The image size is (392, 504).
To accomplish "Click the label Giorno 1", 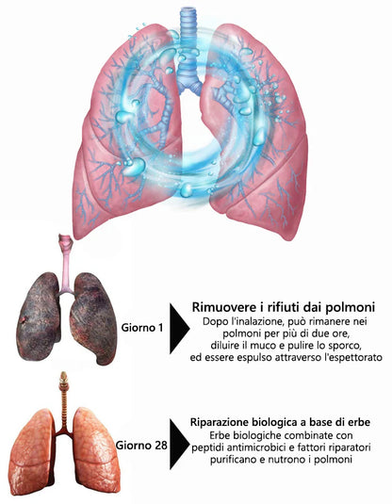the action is point(141,328).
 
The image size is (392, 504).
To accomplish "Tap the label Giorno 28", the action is point(141,446).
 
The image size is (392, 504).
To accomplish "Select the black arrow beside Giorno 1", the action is point(179,329).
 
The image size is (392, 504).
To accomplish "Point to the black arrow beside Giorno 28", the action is point(179,445).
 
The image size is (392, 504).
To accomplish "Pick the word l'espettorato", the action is point(353,357).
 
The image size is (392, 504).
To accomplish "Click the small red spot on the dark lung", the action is point(24,319).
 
